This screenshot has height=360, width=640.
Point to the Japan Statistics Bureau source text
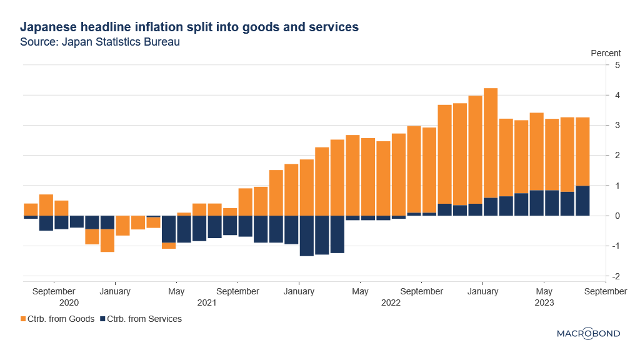click(100, 42)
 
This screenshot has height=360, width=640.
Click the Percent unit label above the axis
click(606, 53)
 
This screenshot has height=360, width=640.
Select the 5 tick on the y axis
click(617, 65)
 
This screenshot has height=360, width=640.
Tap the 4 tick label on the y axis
click(617, 95)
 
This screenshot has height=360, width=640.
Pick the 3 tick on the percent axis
click(617, 125)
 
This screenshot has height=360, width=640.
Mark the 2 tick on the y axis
click(617, 155)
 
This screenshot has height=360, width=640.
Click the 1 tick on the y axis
click(617, 186)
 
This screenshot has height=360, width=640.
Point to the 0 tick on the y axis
click(617, 216)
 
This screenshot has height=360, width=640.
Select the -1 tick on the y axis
click(616, 246)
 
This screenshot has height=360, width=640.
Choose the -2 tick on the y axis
click(616, 276)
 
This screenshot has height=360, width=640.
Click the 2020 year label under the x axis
click(69, 303)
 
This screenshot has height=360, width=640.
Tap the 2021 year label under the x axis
click(206, 303)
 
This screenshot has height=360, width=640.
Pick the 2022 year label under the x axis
click(391, 303)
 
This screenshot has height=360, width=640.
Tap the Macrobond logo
click(588, 334)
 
